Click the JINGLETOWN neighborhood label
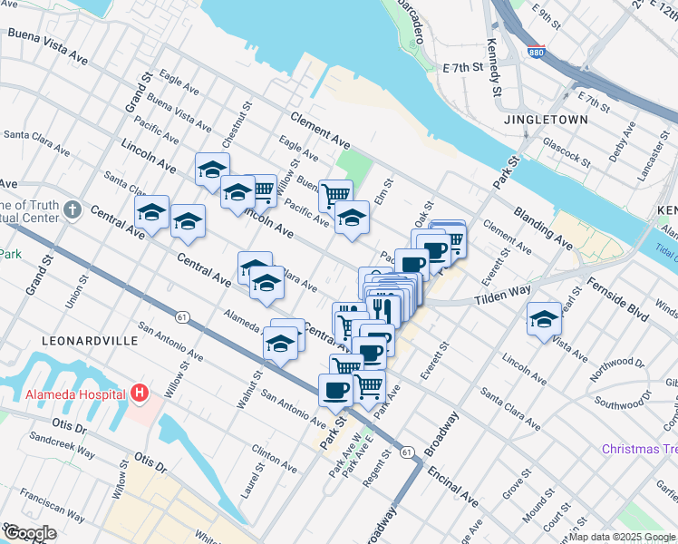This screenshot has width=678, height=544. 548,120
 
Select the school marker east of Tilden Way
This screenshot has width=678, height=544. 544,319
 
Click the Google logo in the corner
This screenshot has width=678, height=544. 30,534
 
